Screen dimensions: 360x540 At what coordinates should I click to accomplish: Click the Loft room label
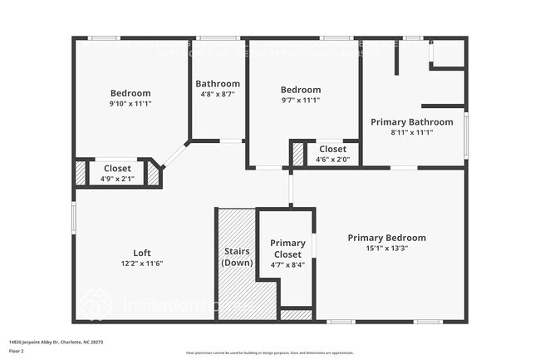(142, 253)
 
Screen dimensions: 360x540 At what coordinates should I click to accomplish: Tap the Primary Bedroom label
(386, 237)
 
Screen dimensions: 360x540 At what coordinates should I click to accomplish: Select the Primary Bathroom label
(411, 121)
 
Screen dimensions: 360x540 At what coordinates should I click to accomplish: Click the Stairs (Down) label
(237, 256)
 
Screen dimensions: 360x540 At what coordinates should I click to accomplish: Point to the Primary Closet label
(287, 248)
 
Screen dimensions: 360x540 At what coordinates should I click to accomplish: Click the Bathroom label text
(218, 83)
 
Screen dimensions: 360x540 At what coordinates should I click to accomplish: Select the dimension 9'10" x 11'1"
(130, 104)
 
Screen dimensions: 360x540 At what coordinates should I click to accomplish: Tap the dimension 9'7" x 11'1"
(300, 101)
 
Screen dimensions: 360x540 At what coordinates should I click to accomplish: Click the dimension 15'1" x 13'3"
(386, 248)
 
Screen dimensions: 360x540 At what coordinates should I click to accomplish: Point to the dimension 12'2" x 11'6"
(142, 264)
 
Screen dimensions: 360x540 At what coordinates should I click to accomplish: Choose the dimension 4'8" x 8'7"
(218, 94)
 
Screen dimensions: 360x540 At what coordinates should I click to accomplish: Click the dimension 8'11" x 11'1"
(411, 132)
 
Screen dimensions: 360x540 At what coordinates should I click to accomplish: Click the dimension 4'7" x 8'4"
(287, 264)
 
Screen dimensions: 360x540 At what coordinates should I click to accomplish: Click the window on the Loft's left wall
(74, 218)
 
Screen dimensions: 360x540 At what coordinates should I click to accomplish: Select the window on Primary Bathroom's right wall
(466, 135)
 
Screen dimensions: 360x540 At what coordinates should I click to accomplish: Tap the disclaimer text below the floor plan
(269, 353)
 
